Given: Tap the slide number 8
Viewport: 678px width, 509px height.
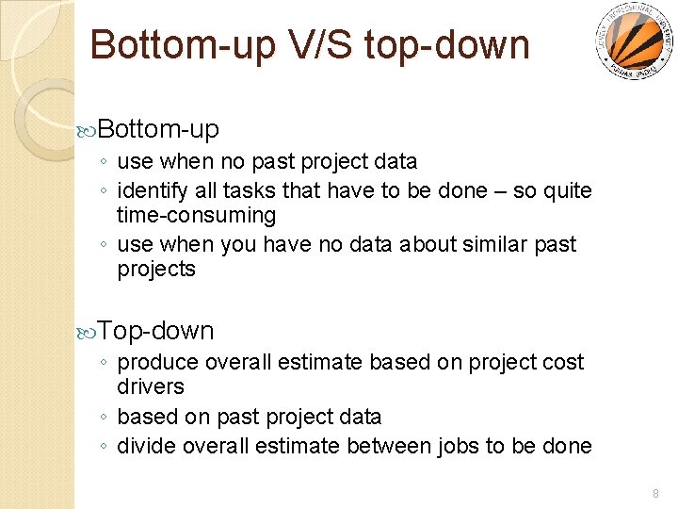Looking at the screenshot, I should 656,492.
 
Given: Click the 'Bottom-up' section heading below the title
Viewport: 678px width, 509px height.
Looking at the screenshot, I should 158,128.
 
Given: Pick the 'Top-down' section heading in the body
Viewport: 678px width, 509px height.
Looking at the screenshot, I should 155,331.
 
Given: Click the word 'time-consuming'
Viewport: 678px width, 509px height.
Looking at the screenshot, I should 196,216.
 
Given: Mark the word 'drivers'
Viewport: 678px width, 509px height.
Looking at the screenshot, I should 150,387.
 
